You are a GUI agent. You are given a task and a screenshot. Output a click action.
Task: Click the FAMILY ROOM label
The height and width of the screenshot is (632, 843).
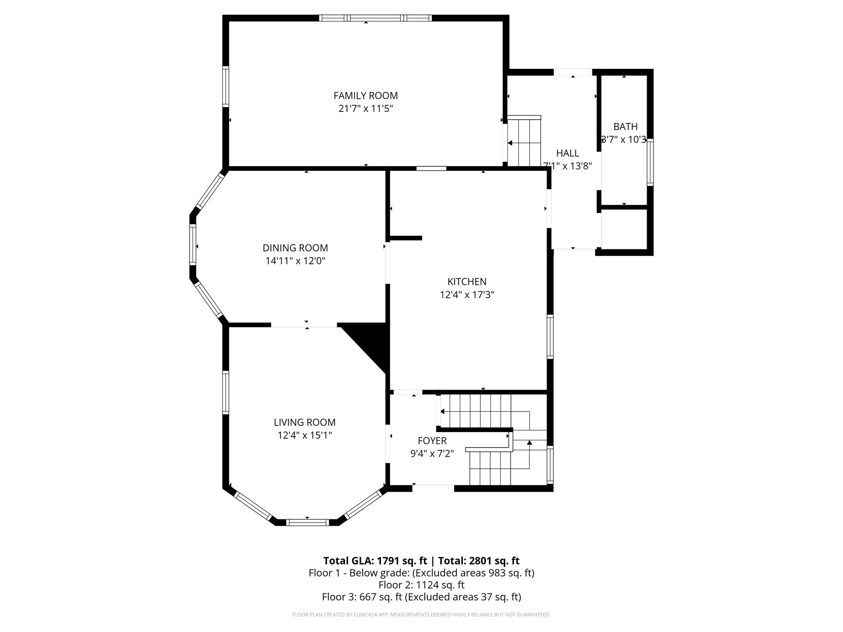[x=366, y=95]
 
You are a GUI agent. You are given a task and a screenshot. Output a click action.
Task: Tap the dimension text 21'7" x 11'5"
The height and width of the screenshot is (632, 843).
[x=366, y=109]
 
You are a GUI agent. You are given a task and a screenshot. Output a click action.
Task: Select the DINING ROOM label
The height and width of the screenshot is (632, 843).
[x=295, y=248]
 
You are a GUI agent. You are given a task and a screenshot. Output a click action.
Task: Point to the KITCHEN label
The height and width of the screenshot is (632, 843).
[x=467, y=281]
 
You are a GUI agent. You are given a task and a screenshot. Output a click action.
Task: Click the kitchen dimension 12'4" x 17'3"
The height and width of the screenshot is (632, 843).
[x=467, y=295]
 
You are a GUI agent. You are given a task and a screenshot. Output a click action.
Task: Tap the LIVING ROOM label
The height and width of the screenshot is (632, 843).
[x=305, y=422]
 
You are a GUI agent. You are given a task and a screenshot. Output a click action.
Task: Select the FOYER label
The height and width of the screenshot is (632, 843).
[x=432, y=441]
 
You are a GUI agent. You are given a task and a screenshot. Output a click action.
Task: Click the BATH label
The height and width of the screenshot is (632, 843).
[x=625, y=126]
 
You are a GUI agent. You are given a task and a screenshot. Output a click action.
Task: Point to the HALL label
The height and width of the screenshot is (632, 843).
[x=568, y=153]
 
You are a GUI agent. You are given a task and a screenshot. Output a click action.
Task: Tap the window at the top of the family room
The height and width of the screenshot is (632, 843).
[x=375, y=18]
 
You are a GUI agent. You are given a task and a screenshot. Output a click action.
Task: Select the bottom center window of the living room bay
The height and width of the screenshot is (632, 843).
[x=307, y=523]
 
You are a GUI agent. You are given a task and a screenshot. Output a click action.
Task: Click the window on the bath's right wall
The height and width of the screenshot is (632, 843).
[x=650, y=162]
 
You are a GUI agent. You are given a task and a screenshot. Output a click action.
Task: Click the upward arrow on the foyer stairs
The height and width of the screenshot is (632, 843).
[x=529, y=443]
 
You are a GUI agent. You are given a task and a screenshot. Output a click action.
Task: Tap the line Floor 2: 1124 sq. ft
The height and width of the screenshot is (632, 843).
[x=421, y=585]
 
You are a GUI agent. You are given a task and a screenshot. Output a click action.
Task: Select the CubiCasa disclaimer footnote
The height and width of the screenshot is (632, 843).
[x=421, y=615]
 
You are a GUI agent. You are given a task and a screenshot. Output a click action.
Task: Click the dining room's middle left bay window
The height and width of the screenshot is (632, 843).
[x=193, y=244]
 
